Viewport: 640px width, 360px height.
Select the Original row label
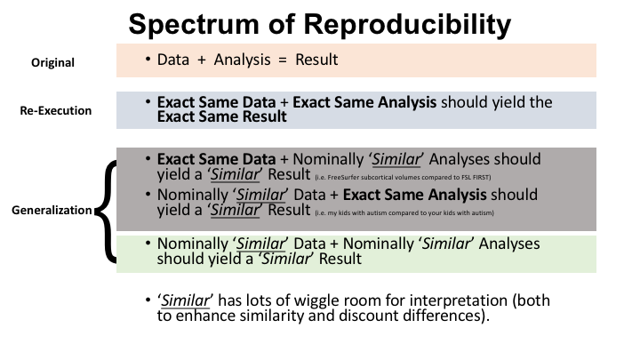[53, 62]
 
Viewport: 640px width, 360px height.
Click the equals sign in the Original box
[283, 60]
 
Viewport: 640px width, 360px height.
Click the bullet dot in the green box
[148, 244]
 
